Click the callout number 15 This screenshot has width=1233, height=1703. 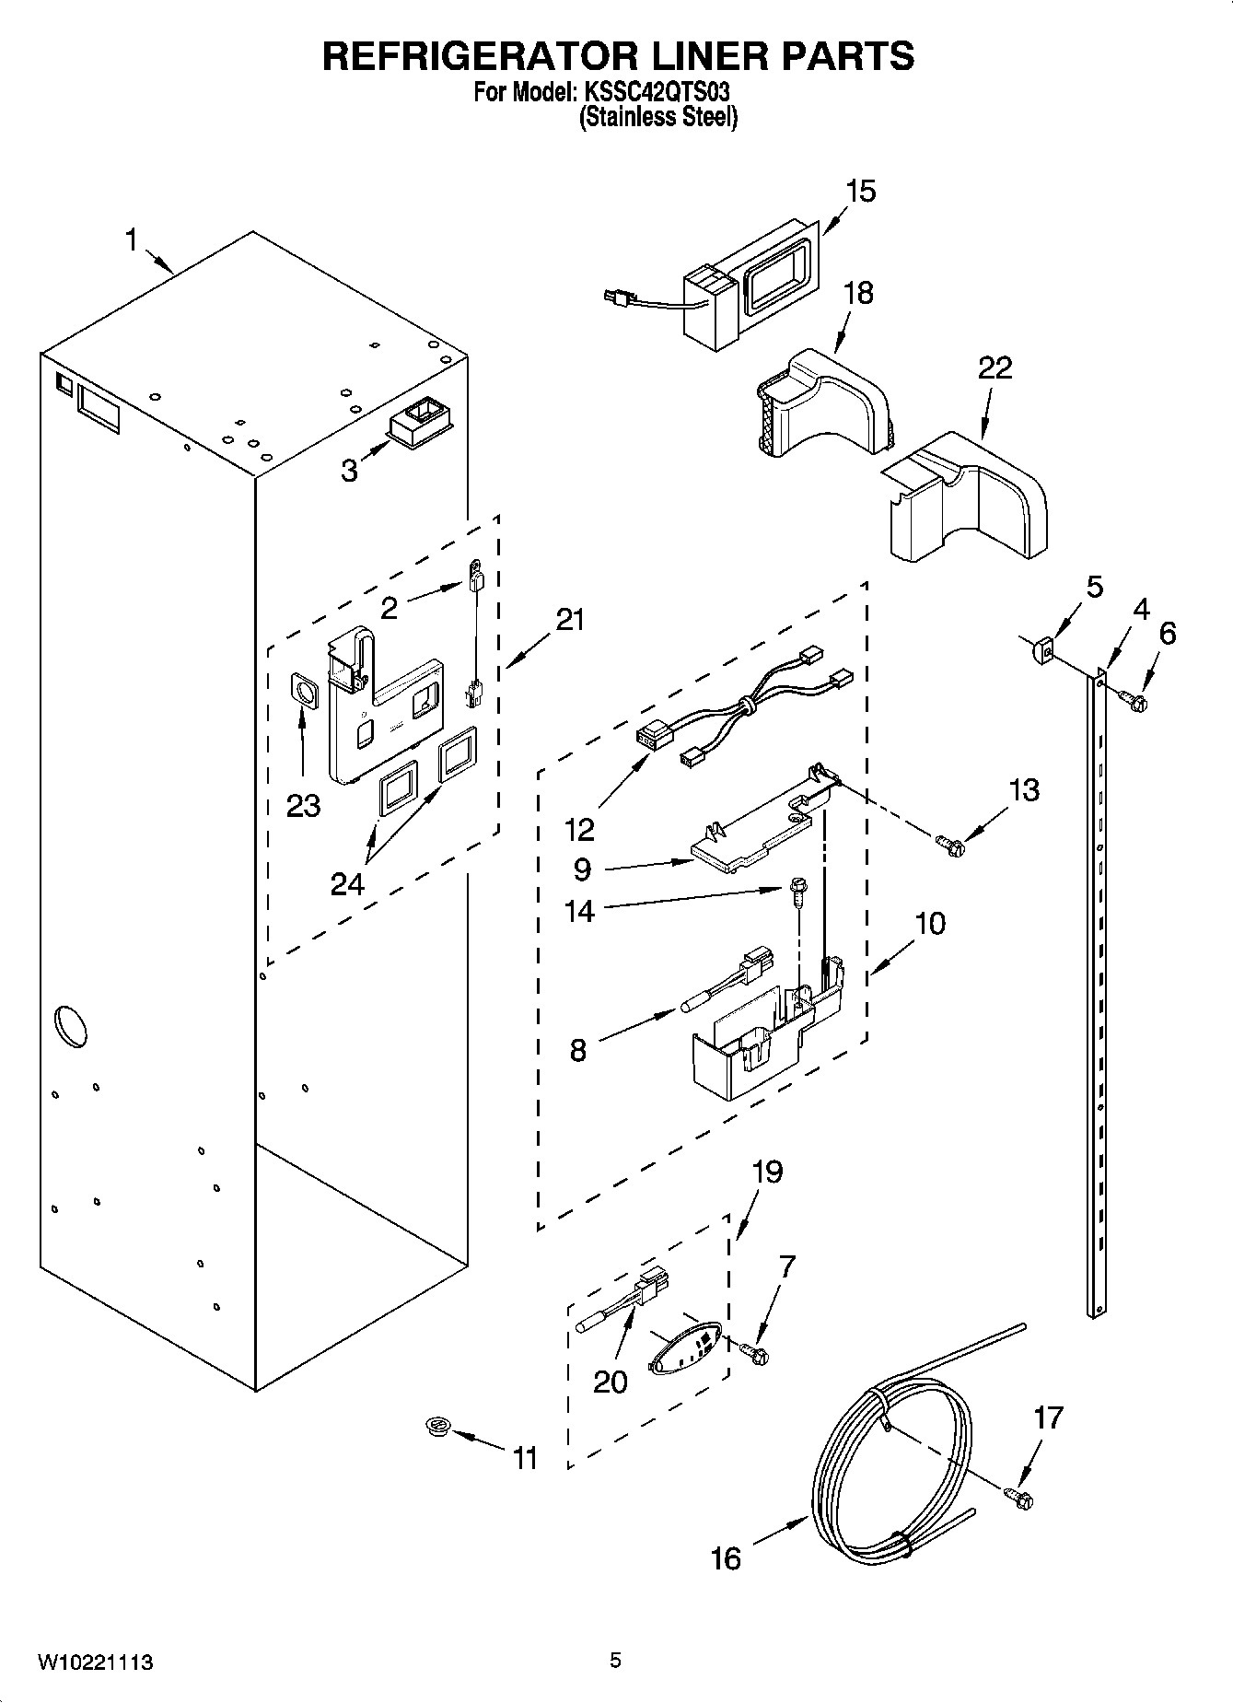pyautogui.click(x=860, y=192)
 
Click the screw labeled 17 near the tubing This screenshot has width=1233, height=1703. pyautogui.click(x=1019, y=1498)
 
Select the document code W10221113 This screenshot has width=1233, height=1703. pyautogui.click(x=95, y=1662)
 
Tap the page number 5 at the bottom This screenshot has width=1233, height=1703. pyautogui.click(x=615, y=1661)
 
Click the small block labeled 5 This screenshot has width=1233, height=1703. pyautogui.click(x=1041, y=652)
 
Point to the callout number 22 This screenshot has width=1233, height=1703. pyautogui.click(x=995, y=367)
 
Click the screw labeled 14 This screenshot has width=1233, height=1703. pyautogui.click(x=796, y=889)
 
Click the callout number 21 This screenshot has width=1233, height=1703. pyautogui.click(x=570, y=619)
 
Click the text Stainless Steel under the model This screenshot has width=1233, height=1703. pyautogui.click(x=657, y=118)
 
